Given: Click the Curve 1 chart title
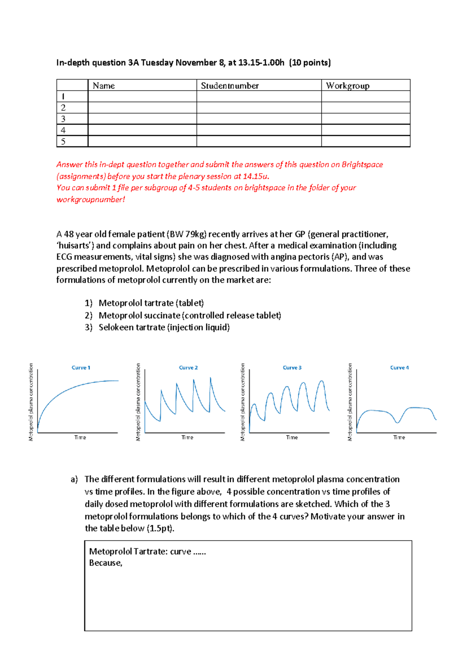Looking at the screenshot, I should (81, 368).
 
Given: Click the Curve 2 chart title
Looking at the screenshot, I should (188, 368).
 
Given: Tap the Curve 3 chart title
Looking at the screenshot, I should (292, 368).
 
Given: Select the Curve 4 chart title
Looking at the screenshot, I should (399, 368).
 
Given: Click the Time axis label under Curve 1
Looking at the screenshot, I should (80, 437).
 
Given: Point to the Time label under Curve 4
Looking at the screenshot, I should (399, 437).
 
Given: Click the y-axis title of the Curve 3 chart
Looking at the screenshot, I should (243, 402).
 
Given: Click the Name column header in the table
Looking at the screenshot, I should (104, 86).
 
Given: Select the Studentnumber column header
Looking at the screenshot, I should (230, 86).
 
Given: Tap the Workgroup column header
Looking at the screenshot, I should (348, 86).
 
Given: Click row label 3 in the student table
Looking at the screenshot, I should (63, 119).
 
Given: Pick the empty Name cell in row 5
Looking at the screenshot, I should (142, 141).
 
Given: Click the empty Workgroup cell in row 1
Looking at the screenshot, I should (365, 97).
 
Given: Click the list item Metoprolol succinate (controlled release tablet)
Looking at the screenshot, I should (190, 315).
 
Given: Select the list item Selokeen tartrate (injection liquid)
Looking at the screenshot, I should (164, 327).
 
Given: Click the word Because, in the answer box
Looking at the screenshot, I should (105, 563).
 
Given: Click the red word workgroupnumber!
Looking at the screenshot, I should (91, 200).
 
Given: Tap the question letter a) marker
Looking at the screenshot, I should (74, 479).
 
